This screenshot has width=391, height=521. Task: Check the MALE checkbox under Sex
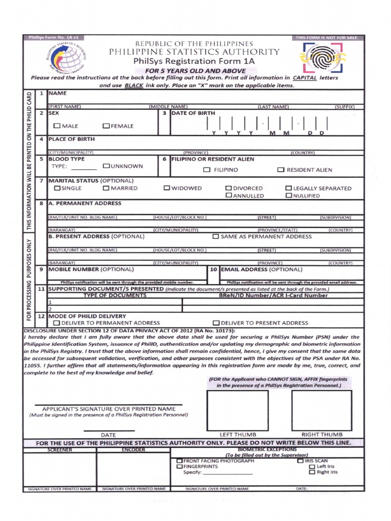pyautogui.click(x=57, y=126)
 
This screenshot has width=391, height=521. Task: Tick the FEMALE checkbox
pyautogui.click(x=106, y=126)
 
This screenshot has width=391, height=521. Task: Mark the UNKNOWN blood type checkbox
pyautogui.click(x=106, y=166)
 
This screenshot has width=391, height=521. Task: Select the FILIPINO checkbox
pyautogui.click(x=207, y=170)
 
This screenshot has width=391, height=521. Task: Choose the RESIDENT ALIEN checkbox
pyautogui.click(x=281, y=170)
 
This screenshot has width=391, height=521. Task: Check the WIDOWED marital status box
pyautogui.click(x=166, y=188)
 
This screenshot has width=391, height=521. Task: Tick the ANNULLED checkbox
pyautogui.click(x=229, y=195)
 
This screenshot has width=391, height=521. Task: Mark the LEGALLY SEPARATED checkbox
pyautogui.click(x=289, y=188)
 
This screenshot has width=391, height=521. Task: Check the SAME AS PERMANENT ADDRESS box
pyautogui.click(x=216, y=237)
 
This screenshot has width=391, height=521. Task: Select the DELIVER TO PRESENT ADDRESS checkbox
pyautogui.click(x=216, y=323)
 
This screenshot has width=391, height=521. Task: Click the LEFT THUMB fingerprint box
pyautogui.click(x=237, y=410)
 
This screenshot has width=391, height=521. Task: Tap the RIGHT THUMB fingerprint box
pyautogui.click(x=321, y=410)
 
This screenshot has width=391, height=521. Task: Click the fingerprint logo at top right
pyautogui.click(x=321, y=58)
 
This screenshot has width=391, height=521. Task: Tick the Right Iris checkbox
pyautogui.click(x=312, y=472)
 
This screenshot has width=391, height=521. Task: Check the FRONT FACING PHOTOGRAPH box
pyautogui.click(x=179, y=460)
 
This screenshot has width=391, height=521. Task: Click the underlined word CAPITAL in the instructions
pyautogui.click(x=304, y=78)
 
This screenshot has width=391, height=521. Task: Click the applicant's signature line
pyautogui.click(x=108, y=405)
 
